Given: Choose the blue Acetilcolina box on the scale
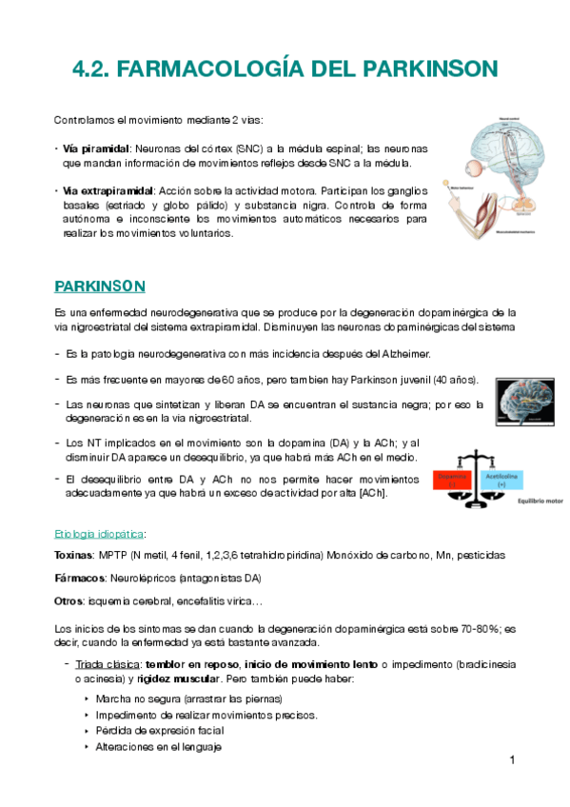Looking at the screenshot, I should point(501,480).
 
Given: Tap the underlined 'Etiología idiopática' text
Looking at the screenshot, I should point(100,533).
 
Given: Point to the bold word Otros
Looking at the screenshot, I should point(69,600).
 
